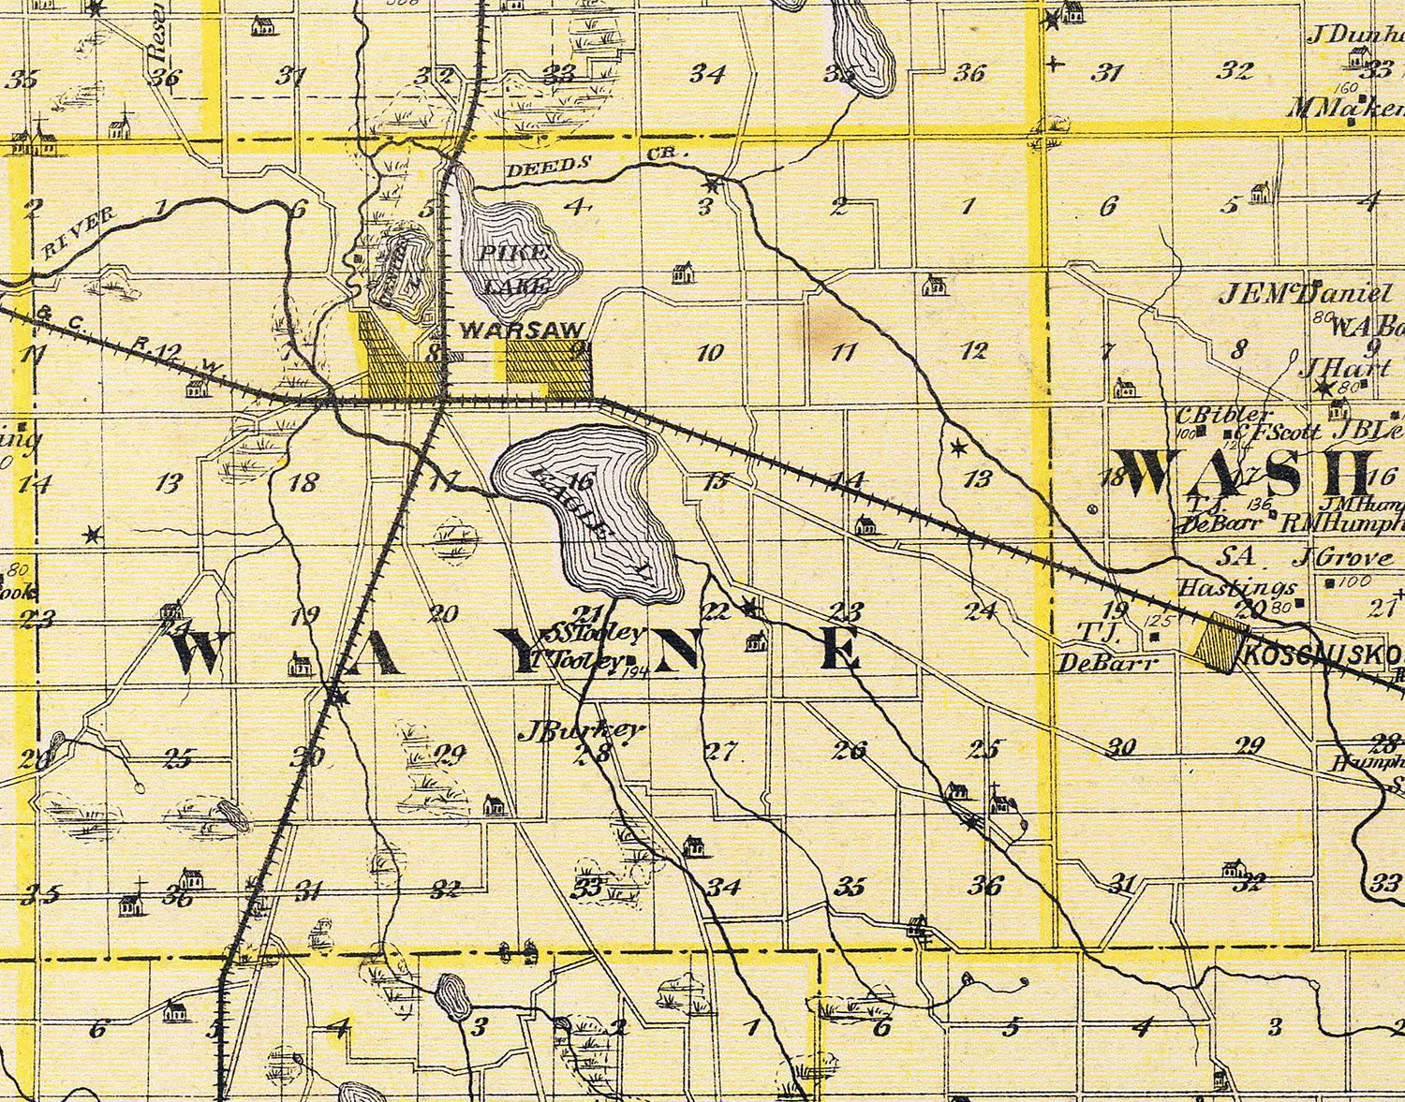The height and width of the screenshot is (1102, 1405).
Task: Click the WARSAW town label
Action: coord(523,331)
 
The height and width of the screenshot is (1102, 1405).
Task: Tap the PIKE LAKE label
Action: coord(514,268)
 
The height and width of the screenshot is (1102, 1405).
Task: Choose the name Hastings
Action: coord(1235,588)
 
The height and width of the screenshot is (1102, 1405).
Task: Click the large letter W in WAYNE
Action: coord(198,653)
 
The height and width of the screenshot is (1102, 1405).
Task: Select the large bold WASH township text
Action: coord(1245,473)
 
